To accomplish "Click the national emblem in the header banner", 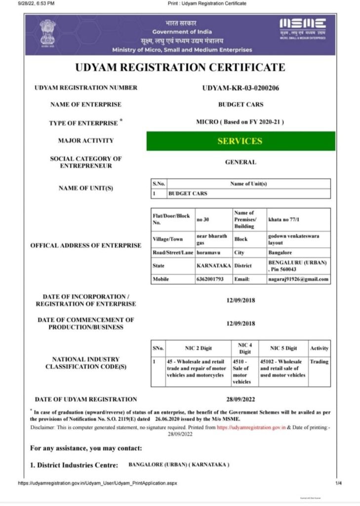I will (48, 33).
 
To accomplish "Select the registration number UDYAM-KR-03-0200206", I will (241, 88).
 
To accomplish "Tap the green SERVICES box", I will (240, 141).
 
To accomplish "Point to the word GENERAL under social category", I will (240, 162).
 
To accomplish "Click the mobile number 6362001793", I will (210, 279).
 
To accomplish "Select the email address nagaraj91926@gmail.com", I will (298, 279).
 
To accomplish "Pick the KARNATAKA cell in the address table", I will (213, 265).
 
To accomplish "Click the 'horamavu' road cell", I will (210, 253).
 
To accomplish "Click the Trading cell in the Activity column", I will (319, 362).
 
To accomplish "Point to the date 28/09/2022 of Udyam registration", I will (240, 399).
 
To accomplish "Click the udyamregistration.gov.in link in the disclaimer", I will (251, 427).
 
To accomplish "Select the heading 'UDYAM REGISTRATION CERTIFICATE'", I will (180, 68).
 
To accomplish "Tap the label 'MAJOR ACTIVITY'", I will (86, 141).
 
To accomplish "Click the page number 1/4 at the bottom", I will (338, 483).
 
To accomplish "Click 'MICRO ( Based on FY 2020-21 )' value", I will (240, 122).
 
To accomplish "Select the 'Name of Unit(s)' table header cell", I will (248, 184).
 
